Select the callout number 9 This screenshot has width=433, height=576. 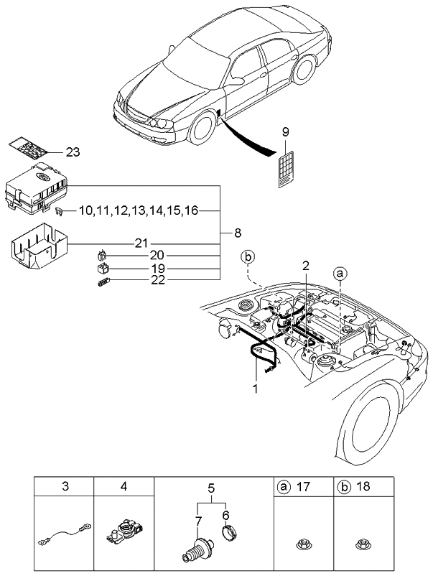(x=285, y=132)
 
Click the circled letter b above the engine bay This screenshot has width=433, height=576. (x=248, y=256)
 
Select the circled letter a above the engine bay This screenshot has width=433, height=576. (x=340, y=273)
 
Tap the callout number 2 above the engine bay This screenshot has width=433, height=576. (x=306, y=266)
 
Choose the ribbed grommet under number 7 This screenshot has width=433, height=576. (x=197, y=554)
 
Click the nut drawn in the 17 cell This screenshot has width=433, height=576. (x=304, y=544)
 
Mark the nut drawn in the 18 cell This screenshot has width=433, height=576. (x=363, y=544)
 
